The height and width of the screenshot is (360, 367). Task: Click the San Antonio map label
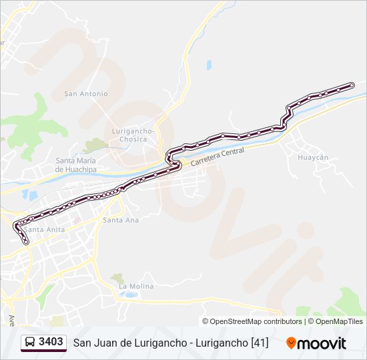85,94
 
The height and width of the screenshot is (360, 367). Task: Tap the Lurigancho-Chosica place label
133,135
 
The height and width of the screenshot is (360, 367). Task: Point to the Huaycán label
313,157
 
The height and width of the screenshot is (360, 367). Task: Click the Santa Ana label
121,220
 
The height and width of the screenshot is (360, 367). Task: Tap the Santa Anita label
43,229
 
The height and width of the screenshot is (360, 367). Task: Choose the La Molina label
136,286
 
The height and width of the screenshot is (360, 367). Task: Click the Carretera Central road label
218,157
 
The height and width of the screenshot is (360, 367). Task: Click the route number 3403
51,342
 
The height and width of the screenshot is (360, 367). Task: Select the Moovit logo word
322,343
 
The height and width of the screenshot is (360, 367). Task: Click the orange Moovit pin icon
291,343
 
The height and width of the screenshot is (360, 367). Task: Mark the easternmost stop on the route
352,85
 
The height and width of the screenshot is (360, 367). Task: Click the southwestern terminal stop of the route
26,243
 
